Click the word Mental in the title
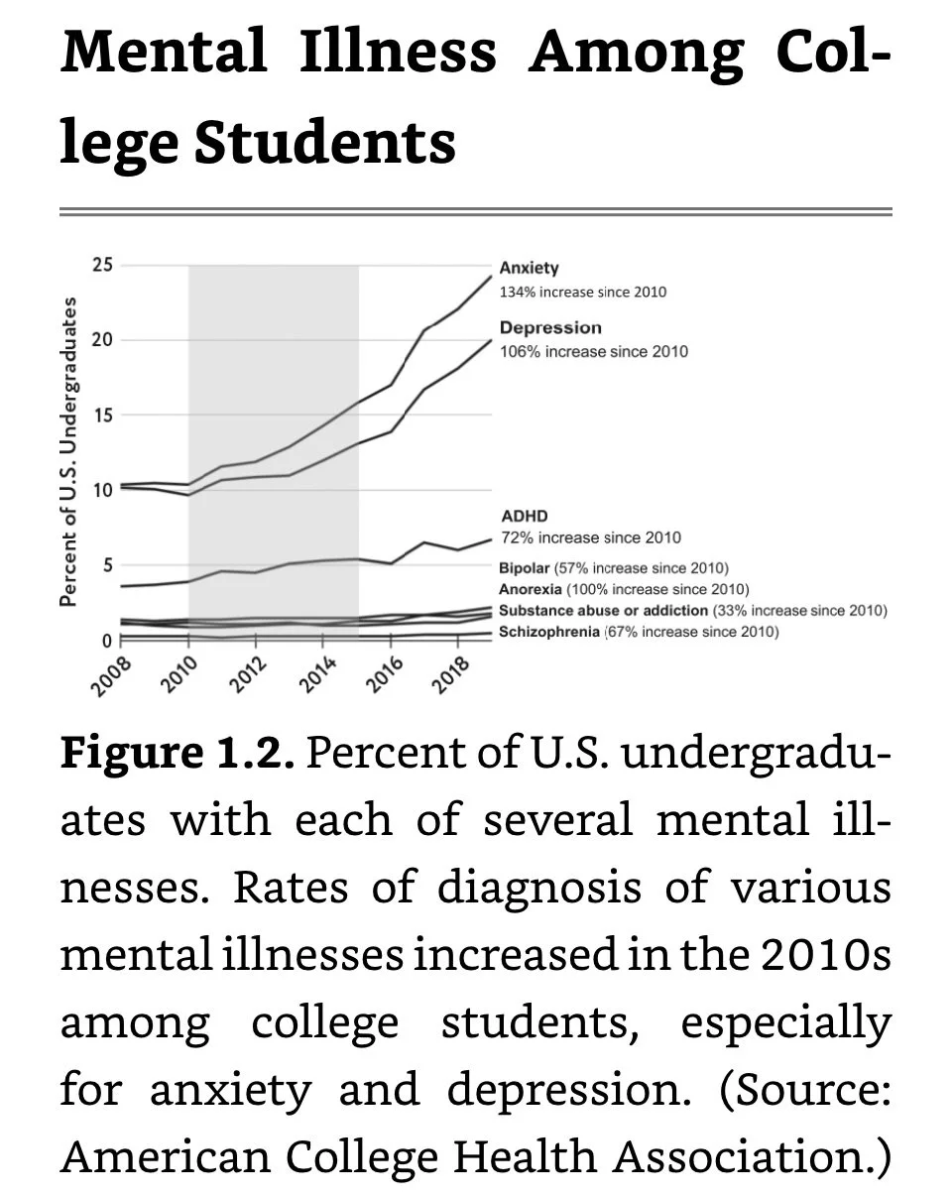point(164,52)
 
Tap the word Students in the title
point(324,142)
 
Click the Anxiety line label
point(529,268)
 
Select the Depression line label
point(550,327)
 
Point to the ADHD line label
point(524,517)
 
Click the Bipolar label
point(524,568)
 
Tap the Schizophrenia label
point(549,632)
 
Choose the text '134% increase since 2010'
point(583,292)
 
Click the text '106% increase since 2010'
point(593,351)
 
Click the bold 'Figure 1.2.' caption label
point(178,754)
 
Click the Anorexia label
point(530,589)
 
